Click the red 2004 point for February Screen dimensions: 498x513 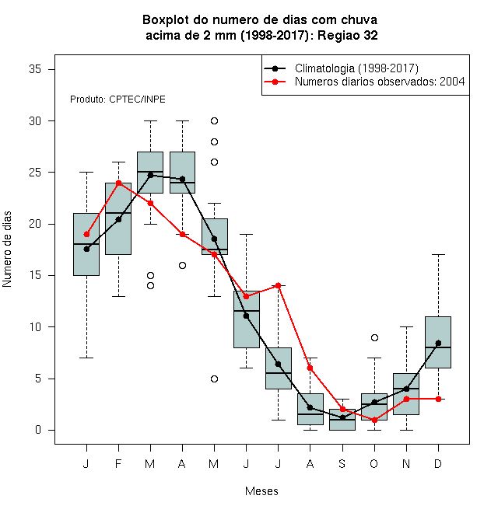(118, 183)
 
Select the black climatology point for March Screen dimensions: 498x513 (150, 175)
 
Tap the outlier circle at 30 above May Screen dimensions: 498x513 (214, 121)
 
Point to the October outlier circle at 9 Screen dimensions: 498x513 (374, 337)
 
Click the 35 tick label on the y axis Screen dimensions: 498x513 (35, 69)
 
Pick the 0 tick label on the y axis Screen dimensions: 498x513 (38, 430)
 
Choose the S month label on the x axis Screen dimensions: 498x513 (342, 463)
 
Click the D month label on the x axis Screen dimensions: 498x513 (438, 463)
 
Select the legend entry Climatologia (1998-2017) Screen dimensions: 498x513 (356, 68)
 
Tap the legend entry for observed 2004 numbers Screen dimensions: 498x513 (380, 82)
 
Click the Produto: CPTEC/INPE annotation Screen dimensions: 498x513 (117, 99)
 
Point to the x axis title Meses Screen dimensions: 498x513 (261, 491)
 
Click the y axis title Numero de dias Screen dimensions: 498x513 (7, 250)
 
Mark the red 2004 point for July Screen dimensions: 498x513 (278, 285)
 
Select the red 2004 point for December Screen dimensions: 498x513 (438, 399)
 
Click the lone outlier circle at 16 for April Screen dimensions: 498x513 (183, 265)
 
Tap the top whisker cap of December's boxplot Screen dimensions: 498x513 (438, 254)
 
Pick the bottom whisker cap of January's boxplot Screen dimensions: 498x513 (86, 358)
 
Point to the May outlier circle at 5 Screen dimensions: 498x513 (214, 379)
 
